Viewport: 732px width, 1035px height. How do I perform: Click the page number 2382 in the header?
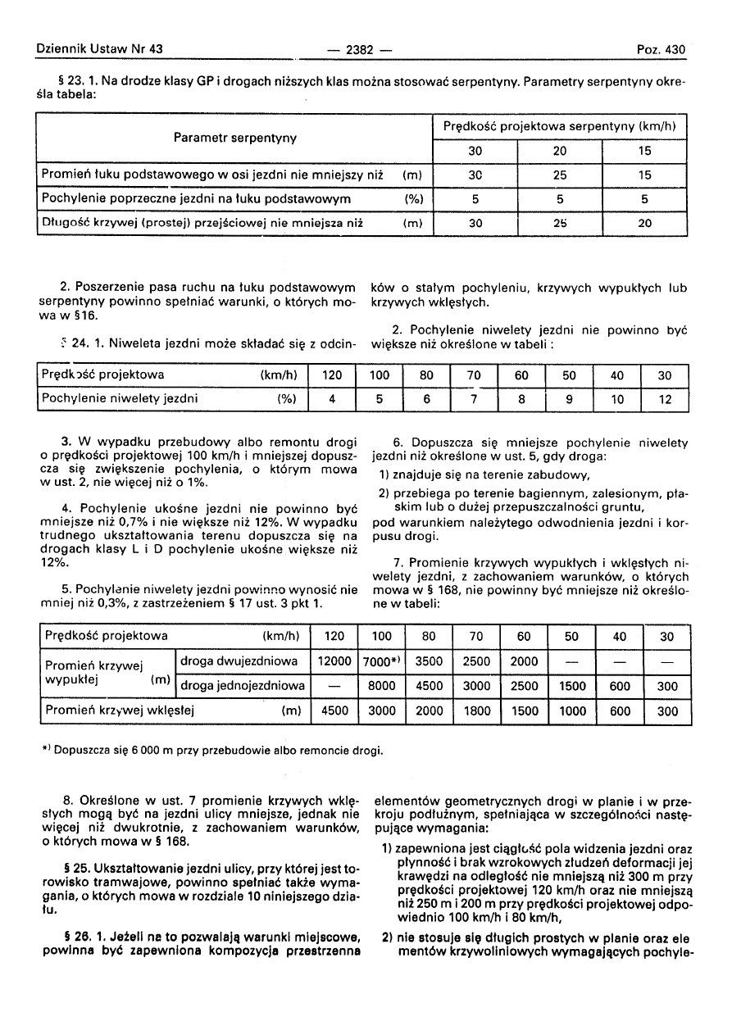(360, 50)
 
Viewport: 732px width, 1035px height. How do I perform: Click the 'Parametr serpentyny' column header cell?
(235, 138)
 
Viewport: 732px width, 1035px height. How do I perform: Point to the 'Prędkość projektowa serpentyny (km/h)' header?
(559, 127)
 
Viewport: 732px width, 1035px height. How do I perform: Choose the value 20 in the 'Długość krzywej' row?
(644, 222)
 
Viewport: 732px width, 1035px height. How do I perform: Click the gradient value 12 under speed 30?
(666, 400)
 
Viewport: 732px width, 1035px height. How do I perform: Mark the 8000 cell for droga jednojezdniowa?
(382, 686)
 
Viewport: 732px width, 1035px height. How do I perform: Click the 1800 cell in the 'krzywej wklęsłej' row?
(477, 711)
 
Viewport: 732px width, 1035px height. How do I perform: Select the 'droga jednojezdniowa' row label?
(243, 686)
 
